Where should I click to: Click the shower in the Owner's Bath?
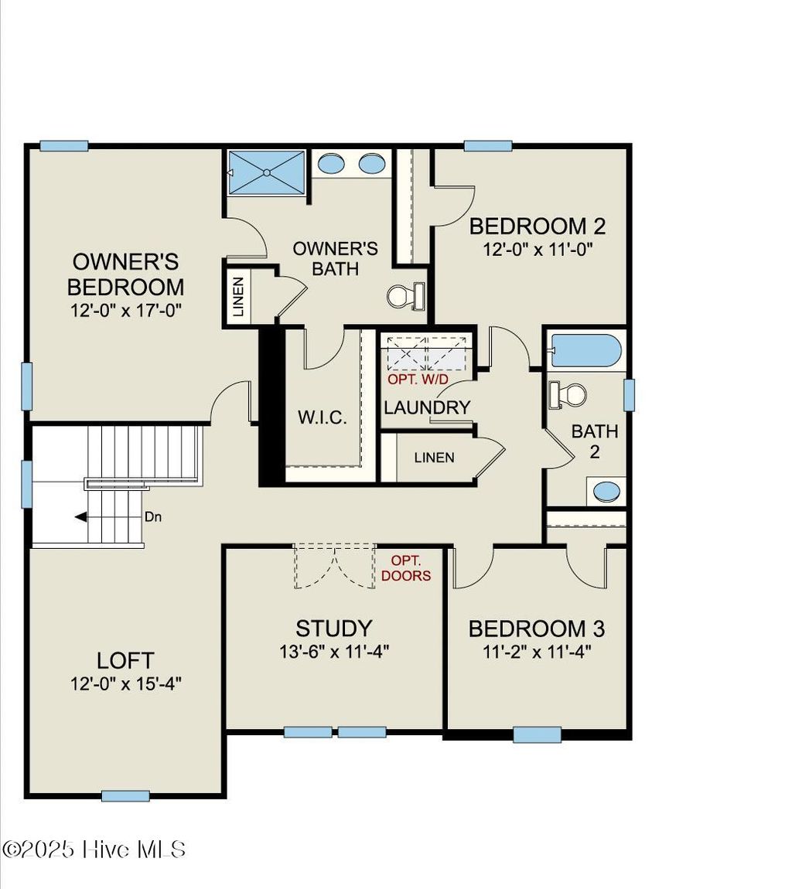coord(267,172)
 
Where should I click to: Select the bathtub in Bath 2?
coord(586,350)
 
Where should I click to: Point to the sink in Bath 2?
coord(606,492)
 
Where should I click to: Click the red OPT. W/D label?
coord(418,380)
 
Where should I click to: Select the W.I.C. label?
coord(322,417)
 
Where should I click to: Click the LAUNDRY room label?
coord(427,407)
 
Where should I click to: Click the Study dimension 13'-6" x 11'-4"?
coord(334,651)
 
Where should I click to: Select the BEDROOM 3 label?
coord(537,628)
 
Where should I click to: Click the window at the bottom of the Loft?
coord(125,795)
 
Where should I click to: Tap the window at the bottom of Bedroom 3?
coord(537,734)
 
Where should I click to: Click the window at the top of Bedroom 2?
coord(488,145)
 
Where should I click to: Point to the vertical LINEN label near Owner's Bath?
coord(238,297)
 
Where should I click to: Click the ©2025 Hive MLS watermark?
coord(94,850)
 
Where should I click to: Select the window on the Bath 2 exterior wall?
coord(630,394)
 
